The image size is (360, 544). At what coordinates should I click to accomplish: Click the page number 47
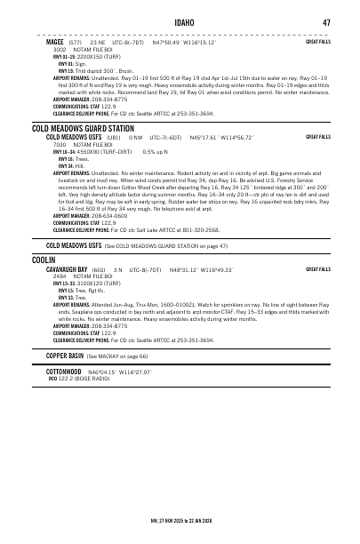click(x=326, y=22)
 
